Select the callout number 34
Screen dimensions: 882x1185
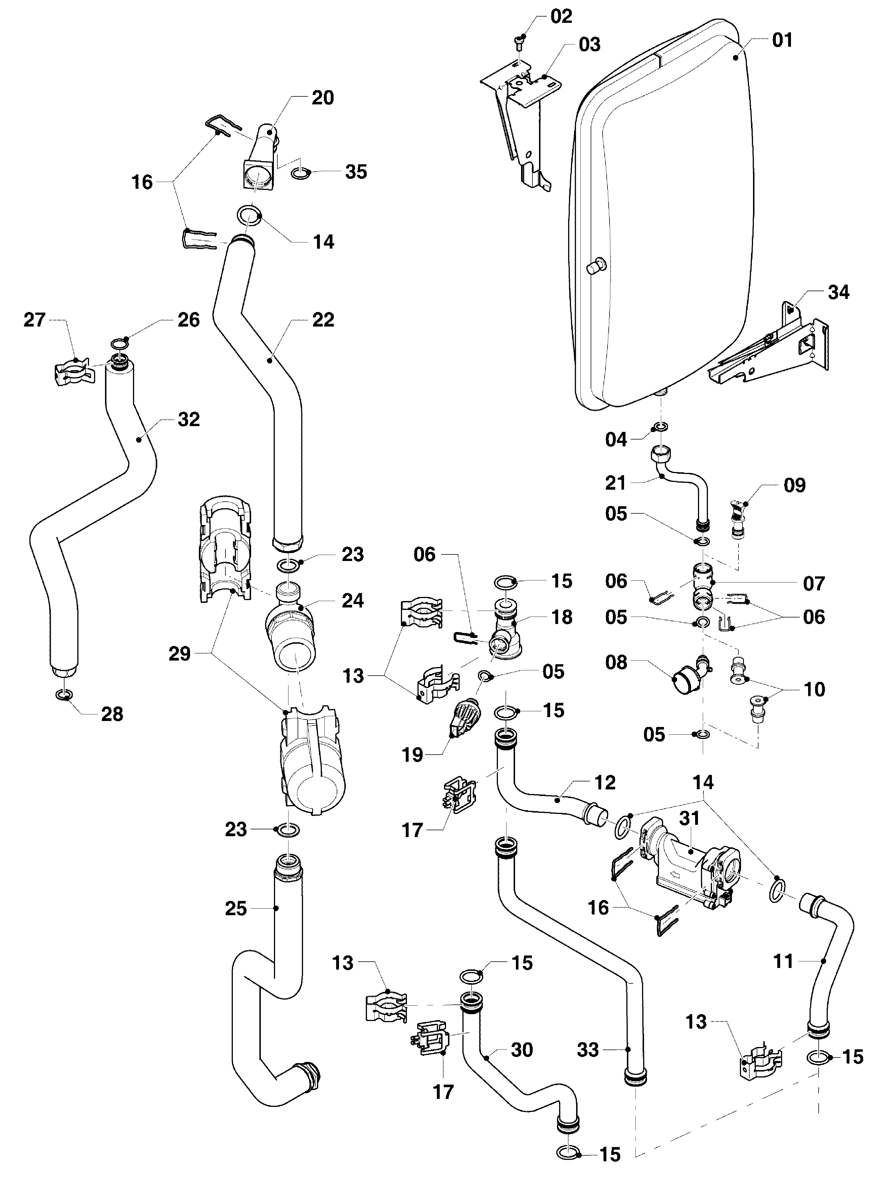pos(838,292)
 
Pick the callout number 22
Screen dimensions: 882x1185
pos(322,320)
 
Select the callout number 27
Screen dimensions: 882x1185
pos(35,320)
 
